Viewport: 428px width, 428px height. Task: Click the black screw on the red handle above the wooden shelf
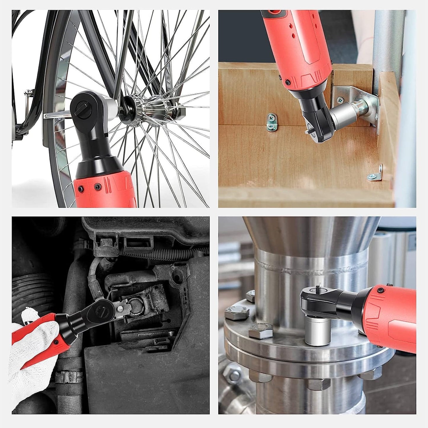point(287,81)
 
